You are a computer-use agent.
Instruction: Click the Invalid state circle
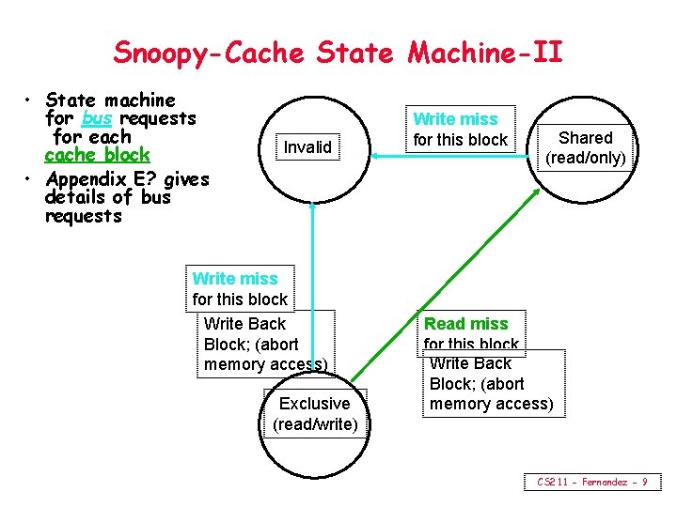point(308,146)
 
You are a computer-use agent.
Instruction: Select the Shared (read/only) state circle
point(586,147)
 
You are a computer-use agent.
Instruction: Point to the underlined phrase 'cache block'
point(97,155)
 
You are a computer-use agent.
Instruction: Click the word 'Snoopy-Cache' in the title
point(209,53)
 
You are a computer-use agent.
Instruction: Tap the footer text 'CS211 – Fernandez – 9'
point(591,482)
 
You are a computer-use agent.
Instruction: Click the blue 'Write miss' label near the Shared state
point(455,119)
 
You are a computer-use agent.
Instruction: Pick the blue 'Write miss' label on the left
point(235,279)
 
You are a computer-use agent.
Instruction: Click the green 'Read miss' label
point(465,324)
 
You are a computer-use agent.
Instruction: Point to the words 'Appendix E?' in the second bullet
point(102,178)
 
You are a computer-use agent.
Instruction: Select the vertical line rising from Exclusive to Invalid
point(311,282)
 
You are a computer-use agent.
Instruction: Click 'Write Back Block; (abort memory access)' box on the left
point(265,344)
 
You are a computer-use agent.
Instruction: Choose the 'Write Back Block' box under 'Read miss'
point(491,383)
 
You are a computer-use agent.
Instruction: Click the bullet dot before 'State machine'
point(31,100)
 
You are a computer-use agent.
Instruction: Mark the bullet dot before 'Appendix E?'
point(31,178)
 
